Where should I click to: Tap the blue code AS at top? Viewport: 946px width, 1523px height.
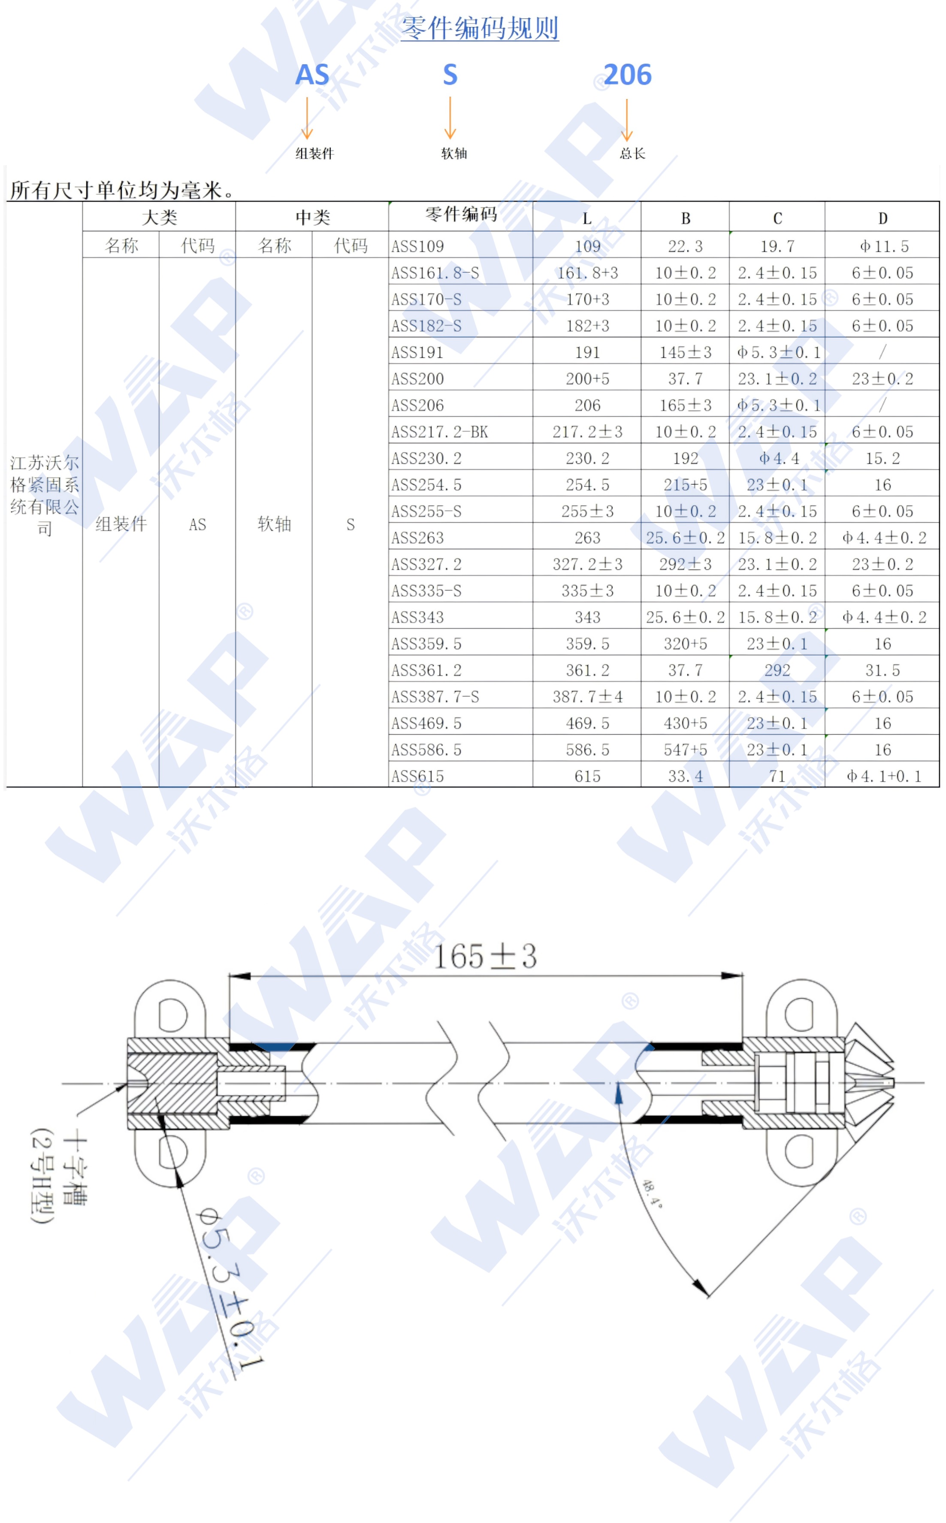tap(312, 75)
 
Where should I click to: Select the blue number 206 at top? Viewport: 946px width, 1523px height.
tap(628, 75)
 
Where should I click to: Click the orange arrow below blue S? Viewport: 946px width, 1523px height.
tap(450, 117)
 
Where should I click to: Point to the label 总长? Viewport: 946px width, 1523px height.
tap(632, 153)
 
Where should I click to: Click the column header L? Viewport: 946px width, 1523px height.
tap(587, 218)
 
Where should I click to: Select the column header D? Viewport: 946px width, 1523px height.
tap(883, 218)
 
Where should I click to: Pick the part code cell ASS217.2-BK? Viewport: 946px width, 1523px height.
tap(439, 432)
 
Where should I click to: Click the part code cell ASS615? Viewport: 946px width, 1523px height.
tap(417, 776)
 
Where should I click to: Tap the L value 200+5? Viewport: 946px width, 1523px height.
tap(587, 378)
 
